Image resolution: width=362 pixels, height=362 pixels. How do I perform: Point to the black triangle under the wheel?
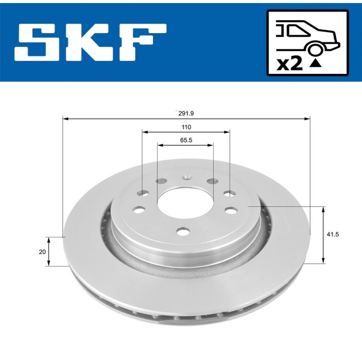tap(316, 63)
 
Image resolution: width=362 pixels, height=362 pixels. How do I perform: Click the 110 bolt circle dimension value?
tap(186, 127)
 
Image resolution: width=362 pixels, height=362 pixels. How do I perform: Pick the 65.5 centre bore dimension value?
tap(186, 140)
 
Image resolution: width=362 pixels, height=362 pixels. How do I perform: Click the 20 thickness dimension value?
tap(42, 251)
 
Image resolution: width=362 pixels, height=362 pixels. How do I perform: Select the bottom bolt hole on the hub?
tap(184, 231)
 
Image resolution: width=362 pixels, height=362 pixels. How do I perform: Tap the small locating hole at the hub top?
tap(187, 177)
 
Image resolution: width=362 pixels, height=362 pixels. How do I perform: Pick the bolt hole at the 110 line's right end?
tap(230, 194)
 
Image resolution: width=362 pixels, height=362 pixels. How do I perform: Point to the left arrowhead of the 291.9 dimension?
tap(65, 119)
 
